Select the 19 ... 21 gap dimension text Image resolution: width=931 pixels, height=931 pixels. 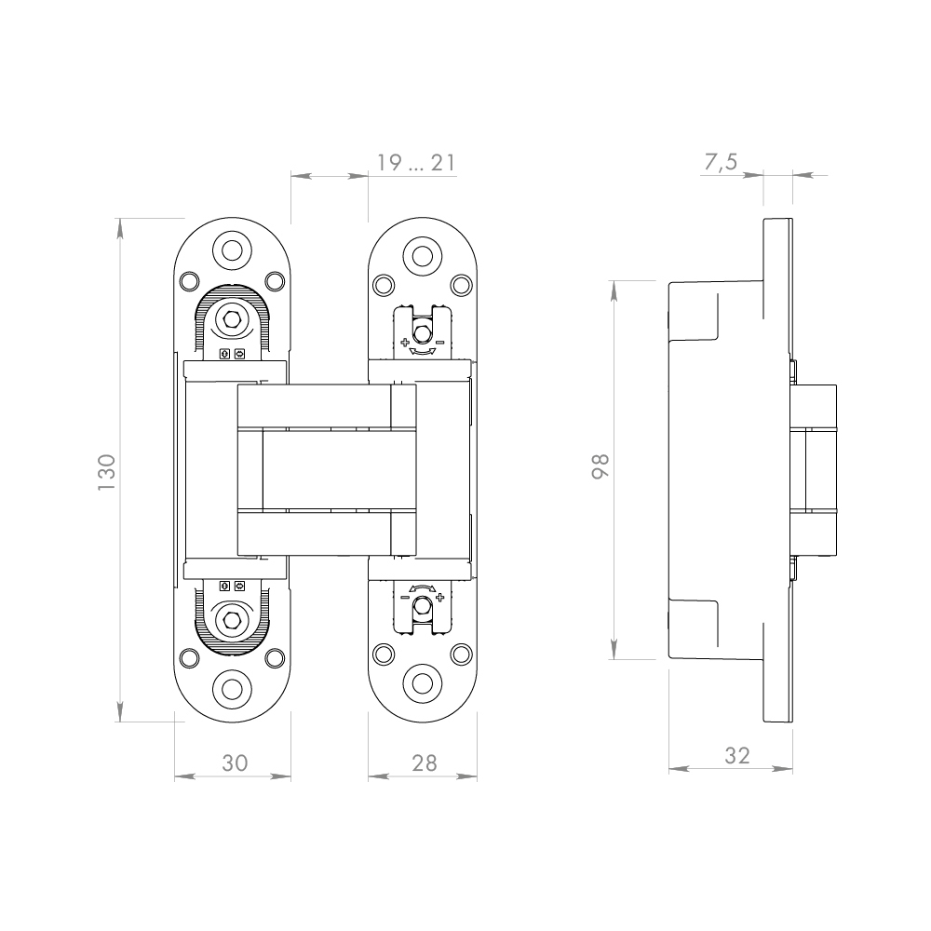tap(415, 164)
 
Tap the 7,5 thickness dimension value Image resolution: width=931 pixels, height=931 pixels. tap(720, 163)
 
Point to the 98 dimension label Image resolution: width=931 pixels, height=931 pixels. tap(600, 465)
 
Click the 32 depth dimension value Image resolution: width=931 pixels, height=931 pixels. tap(736, 756)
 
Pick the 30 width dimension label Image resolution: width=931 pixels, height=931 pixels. tap(234, 762)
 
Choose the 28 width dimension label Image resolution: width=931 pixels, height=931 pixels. tap(424, 762)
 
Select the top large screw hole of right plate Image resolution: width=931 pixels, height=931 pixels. tap(423, 255)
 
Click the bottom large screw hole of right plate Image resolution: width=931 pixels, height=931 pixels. tap(423, 682)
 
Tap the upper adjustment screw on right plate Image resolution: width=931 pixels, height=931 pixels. tap(423, 331)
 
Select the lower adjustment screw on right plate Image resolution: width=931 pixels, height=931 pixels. tap(423, 607)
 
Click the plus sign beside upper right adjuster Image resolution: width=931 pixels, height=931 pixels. tap(405, 343)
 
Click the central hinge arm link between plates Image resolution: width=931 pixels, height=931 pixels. tap(326, 469)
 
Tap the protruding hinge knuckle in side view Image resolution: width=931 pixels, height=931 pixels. tap(815, 469)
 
